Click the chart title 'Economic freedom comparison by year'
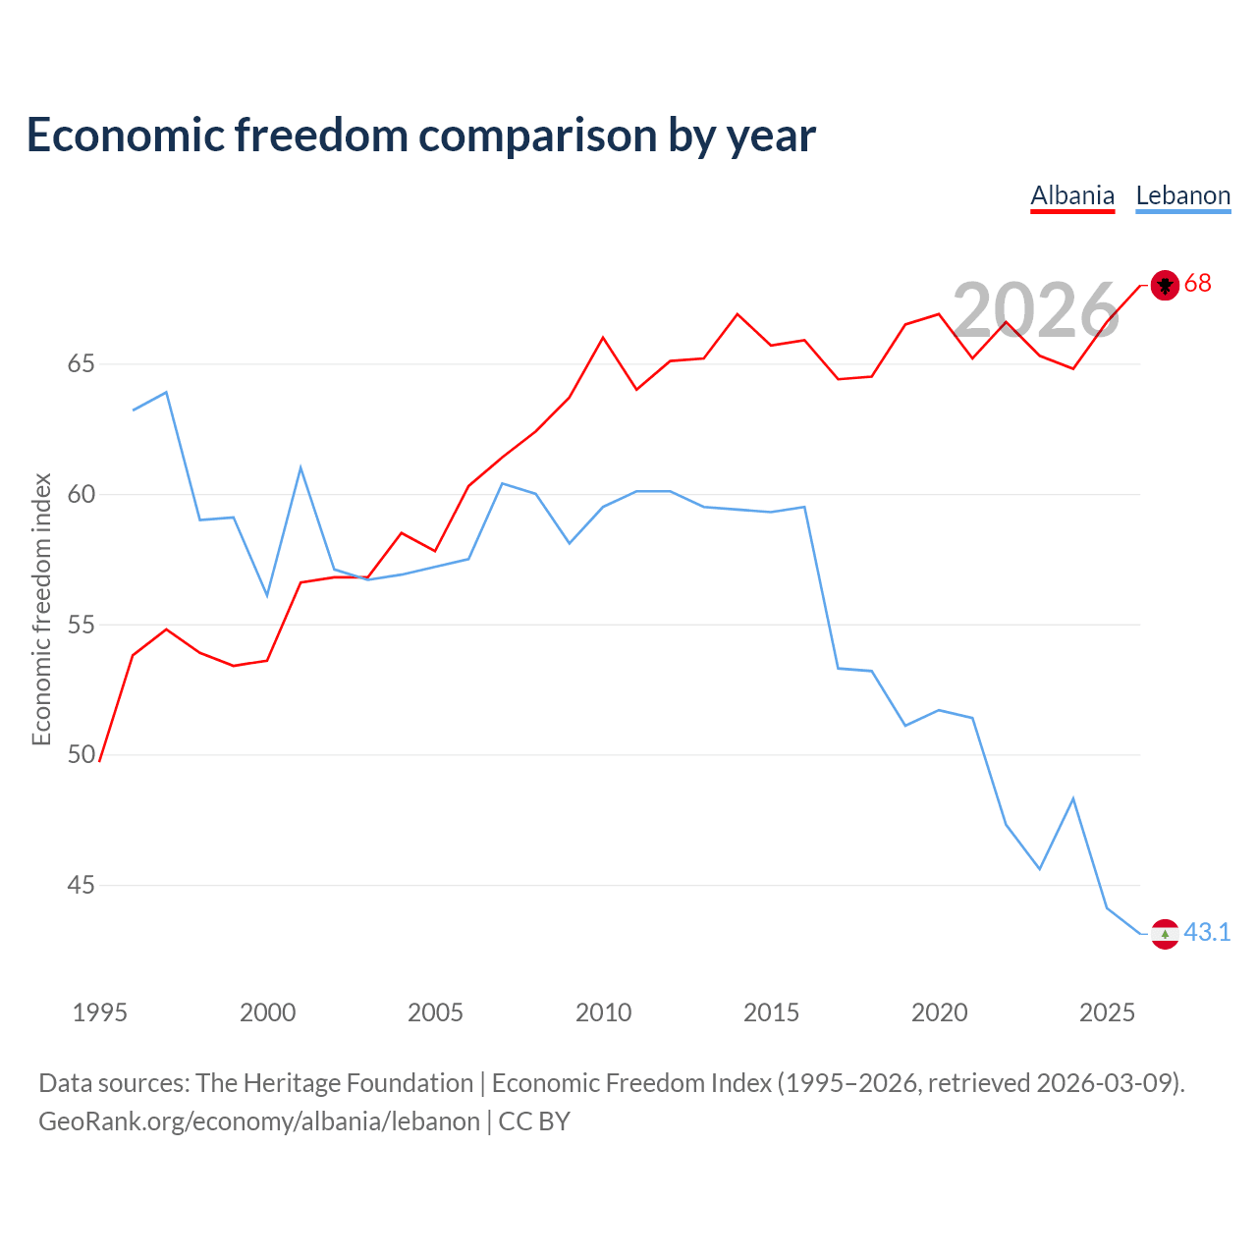420,136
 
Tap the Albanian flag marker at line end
1165,285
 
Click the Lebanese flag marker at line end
1165,934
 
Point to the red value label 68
1197,283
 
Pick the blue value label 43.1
1207,932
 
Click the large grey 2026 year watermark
1036,309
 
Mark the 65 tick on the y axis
81,363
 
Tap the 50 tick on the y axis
81,754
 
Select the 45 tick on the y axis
81,885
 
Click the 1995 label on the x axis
100,1012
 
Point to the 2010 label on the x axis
603,1012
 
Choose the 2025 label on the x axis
1107,1012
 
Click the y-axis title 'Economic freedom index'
42,609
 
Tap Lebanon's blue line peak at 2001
301,467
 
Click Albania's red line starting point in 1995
99,761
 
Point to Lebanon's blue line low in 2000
267,595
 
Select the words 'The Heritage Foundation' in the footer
335,1083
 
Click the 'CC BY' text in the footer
534,1122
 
